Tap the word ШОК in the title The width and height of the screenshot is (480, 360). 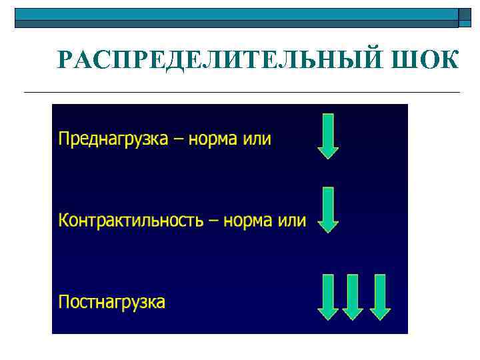[x=426, y=60]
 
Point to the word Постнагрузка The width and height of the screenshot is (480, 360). [x=111, y=302]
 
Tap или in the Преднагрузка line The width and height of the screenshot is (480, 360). [x=259, y=139]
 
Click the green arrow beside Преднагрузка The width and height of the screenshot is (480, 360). [x=327, y=136]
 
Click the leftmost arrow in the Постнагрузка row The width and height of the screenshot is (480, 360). [x=327, y=297]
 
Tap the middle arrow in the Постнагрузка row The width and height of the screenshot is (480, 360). [x=353, y=297]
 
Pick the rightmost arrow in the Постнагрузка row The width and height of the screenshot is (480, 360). [x=379, y=297]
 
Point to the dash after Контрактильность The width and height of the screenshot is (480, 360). [x=213, y=221]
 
